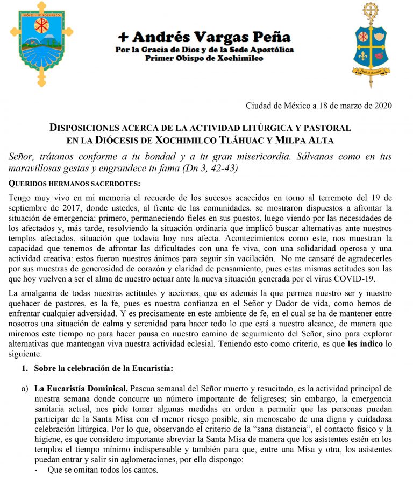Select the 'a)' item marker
tap(25, 388)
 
